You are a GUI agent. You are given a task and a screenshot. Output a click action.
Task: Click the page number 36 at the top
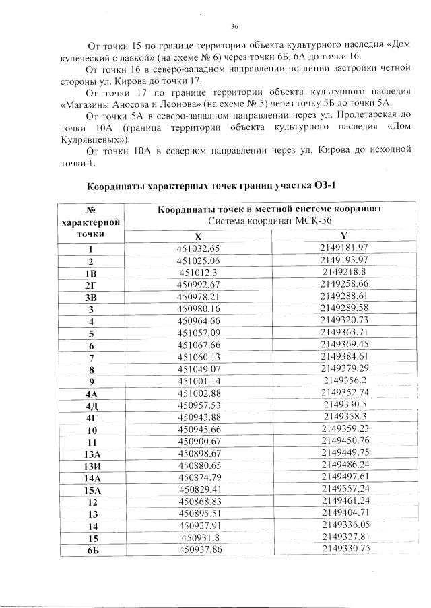coord(235,27)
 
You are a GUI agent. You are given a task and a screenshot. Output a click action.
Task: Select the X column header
coord(198,236)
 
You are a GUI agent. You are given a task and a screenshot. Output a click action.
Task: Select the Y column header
coord(343,236)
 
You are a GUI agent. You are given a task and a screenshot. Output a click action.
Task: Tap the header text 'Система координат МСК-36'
coord(269,220)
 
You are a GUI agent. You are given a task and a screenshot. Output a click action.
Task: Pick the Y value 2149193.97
coord(343,260)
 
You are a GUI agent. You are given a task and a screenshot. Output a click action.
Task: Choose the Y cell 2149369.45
coord(344,345)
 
